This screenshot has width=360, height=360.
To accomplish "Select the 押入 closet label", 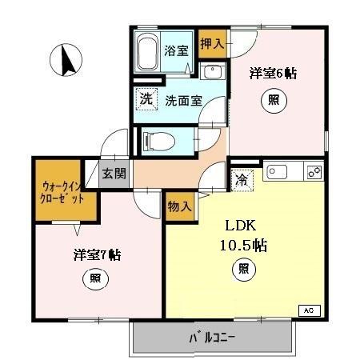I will click(x=212, y=44).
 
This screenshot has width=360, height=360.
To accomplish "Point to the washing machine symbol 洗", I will click(x=146, y=100).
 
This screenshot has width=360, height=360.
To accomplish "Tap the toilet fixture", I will click(x=161, y=141).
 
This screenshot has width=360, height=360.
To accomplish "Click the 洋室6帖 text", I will click(x=274, y=74).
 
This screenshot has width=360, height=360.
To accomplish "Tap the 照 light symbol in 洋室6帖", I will click(x=274, y=102).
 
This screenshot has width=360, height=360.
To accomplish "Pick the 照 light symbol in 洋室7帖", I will click(x=94, y=280).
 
